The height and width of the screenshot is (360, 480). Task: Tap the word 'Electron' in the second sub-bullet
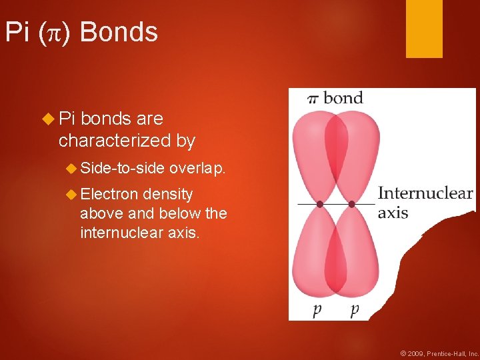[109, 194]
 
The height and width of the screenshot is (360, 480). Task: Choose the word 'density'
[168, 195]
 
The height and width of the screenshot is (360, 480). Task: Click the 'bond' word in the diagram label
[343, 98]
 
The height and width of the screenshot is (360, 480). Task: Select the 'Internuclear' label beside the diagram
[425, 194]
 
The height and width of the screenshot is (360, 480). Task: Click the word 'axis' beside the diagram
[393, 213]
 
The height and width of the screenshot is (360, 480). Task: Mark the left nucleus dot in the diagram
[320, 203]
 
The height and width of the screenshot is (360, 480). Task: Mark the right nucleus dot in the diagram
[351, 203]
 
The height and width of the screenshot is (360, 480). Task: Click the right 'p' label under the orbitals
[354, 310]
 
